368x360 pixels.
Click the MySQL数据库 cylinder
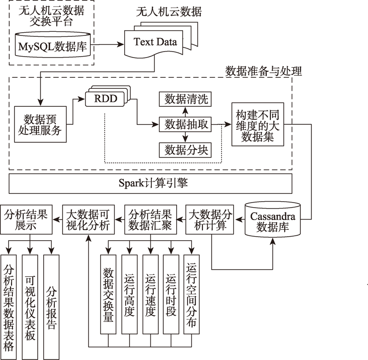point(53,45)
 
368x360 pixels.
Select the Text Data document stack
point(161,40)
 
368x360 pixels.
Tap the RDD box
point(107,96)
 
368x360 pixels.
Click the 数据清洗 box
point(185,99)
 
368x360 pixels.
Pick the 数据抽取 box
point(185,124)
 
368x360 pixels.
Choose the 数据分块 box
point(185,150)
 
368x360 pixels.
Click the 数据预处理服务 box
point(40,124)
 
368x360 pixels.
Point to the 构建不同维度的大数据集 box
point(258,124)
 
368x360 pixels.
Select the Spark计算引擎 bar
point(150,183)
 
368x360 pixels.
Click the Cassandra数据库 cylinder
point(272,219)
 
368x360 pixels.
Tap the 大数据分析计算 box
point(210,220)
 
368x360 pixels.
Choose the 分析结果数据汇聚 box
point(150,220)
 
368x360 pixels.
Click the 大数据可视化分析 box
point(88,220)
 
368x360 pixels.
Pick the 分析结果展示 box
point(26,220)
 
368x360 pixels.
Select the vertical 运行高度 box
point(129,295)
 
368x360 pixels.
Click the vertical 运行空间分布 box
point(191,295)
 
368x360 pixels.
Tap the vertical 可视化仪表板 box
point(30,307)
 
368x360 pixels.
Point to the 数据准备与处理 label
point(264,71)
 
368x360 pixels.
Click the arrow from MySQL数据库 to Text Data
point(108,44)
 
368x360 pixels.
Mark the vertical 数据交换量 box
point(108,295)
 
